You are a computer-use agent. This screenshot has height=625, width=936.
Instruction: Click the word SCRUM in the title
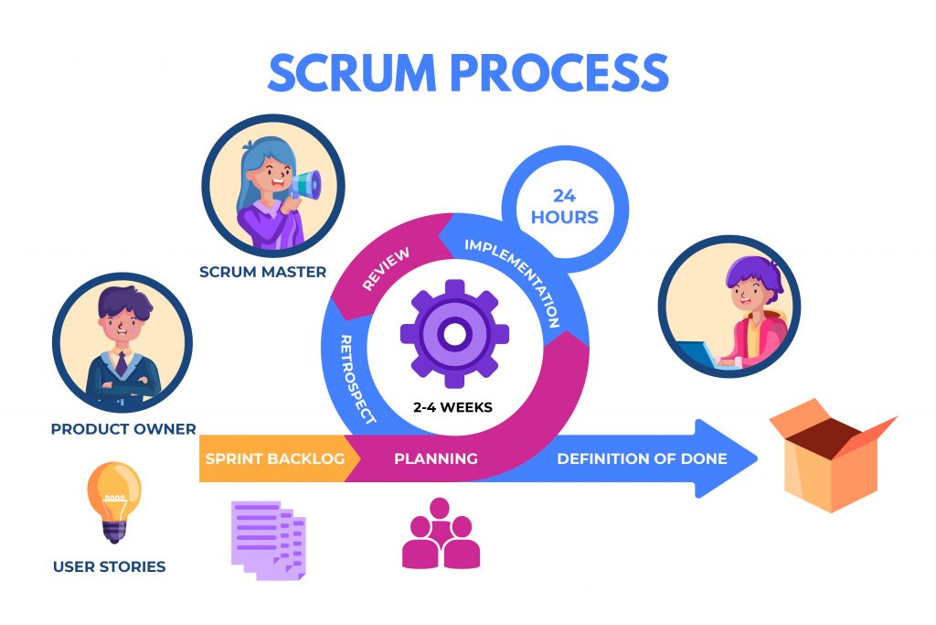[x=352, y=72]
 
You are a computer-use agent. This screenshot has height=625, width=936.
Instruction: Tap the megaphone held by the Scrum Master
[x=305, y=185]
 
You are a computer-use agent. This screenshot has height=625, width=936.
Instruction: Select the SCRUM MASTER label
[x=262, y=272]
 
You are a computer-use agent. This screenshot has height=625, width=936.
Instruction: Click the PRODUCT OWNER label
[x=123, y=429]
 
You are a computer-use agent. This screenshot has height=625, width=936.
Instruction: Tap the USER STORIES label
[x=110, y=566]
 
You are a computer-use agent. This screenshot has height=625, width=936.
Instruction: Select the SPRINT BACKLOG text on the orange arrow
[x=275, y=458]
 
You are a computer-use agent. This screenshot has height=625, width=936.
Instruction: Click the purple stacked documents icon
[x=269, y=540]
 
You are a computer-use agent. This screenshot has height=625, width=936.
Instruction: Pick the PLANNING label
[x=436, y=458]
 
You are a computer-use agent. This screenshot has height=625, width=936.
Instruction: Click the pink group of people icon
[x=441, y=533]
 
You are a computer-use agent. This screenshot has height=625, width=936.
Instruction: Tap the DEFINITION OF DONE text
[x=642, y=458]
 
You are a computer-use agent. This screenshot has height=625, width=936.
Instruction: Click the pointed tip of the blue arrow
[x=757, y=458]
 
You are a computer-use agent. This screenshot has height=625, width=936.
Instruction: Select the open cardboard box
[x=833, y=456]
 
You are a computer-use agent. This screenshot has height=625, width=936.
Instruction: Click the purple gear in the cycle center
[x=454, y=334]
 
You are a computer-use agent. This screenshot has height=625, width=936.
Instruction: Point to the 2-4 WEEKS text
[x=453, y=407]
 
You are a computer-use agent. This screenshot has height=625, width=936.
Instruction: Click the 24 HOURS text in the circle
[x=565, y=206]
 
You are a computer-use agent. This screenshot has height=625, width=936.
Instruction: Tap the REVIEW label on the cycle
[x=386, y=269]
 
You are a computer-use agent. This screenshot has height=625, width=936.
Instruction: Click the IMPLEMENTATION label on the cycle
[x=514, y=282]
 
